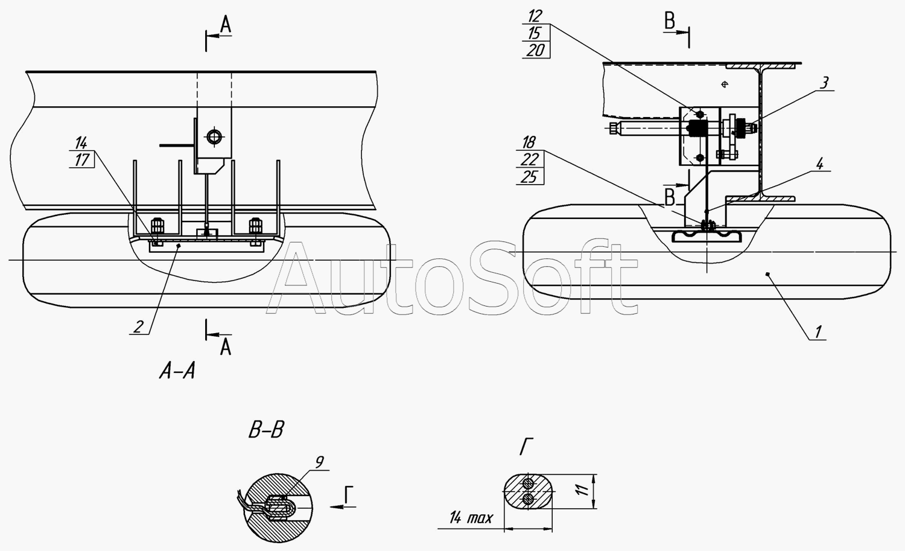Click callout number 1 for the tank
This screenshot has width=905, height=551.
[x=818, y=331]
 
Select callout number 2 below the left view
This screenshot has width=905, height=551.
[x=138, y=326]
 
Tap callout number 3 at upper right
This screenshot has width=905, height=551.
[x=824, y=83]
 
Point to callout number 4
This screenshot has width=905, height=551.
[x=819, y=164]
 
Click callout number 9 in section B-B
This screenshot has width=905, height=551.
[x=320, y=462]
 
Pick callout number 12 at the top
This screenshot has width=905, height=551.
[x=535, y=16]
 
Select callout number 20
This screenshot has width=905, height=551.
[x=536, y=51]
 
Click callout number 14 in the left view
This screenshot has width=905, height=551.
[x=81, y=142]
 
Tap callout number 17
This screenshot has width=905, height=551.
[x=82, y=160]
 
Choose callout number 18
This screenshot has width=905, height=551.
[x=529, y=142]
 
